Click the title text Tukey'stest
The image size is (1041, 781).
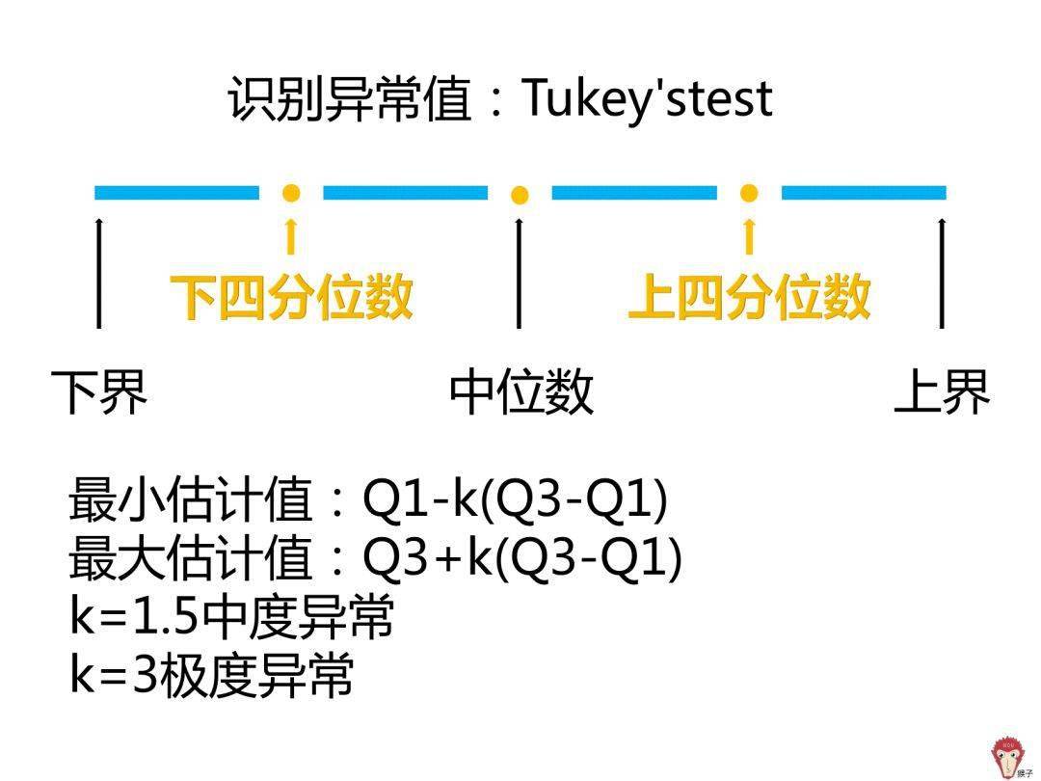[x=648, y=99]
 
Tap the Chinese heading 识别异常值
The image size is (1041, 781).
[x=349, y=99]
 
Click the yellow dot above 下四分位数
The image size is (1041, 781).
[x=291, y=193]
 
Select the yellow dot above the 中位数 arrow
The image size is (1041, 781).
[x=520, y=195]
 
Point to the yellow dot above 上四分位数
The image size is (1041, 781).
[x=749, y=193]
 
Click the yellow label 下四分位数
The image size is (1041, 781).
[x=291, y=297]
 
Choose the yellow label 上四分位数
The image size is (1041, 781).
[x=750, y=297]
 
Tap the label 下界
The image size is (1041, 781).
[x=99, y=391]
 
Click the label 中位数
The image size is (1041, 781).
[x=521, y=391]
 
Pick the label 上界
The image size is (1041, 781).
[x=942, y=391]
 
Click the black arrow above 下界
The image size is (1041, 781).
[x=99, y=272]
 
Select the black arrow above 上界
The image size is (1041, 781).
[x=942, y=272]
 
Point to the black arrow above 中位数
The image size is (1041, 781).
[x=519, y=272]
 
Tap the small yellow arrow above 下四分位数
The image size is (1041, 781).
[x=290, y=236]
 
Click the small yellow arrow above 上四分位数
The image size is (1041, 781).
[x=750, y=236]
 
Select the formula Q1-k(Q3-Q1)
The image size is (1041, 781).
[x=515, y=499]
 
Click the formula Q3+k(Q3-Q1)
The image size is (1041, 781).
[x=522, y=558]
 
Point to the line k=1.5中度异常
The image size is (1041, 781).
[x=231, y=616]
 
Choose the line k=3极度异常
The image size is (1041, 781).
[x=211, y=675]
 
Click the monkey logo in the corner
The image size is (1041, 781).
[x=1010, y=757]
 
